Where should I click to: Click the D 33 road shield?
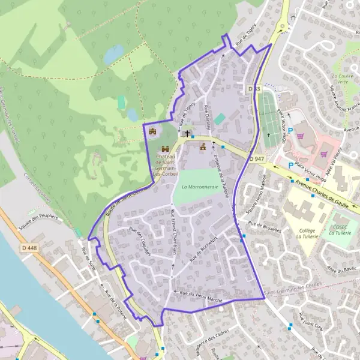click(x=254, y=89)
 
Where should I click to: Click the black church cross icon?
click(x=187, y=133)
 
